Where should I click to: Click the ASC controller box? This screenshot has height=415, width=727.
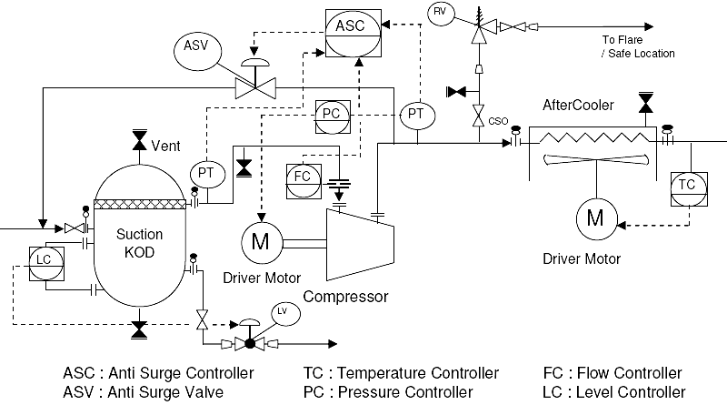[x=351, y=26]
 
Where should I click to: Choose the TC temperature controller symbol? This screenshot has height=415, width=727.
[x=687, y=185]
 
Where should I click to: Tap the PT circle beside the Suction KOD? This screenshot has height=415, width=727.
[x=205, y=173]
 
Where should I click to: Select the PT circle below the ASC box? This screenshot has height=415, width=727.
[x=415, y=114]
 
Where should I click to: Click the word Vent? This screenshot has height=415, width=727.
[x=165, y=146]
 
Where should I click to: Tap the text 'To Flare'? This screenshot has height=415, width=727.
[x=622, y=39]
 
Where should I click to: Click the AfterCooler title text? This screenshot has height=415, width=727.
[x=578, y=105]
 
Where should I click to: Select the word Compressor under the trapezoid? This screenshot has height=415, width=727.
[x=345, y=297]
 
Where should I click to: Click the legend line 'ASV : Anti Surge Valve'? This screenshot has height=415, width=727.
[x=144, y=393]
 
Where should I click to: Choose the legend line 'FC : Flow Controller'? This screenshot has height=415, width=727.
[x=611, y=373]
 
